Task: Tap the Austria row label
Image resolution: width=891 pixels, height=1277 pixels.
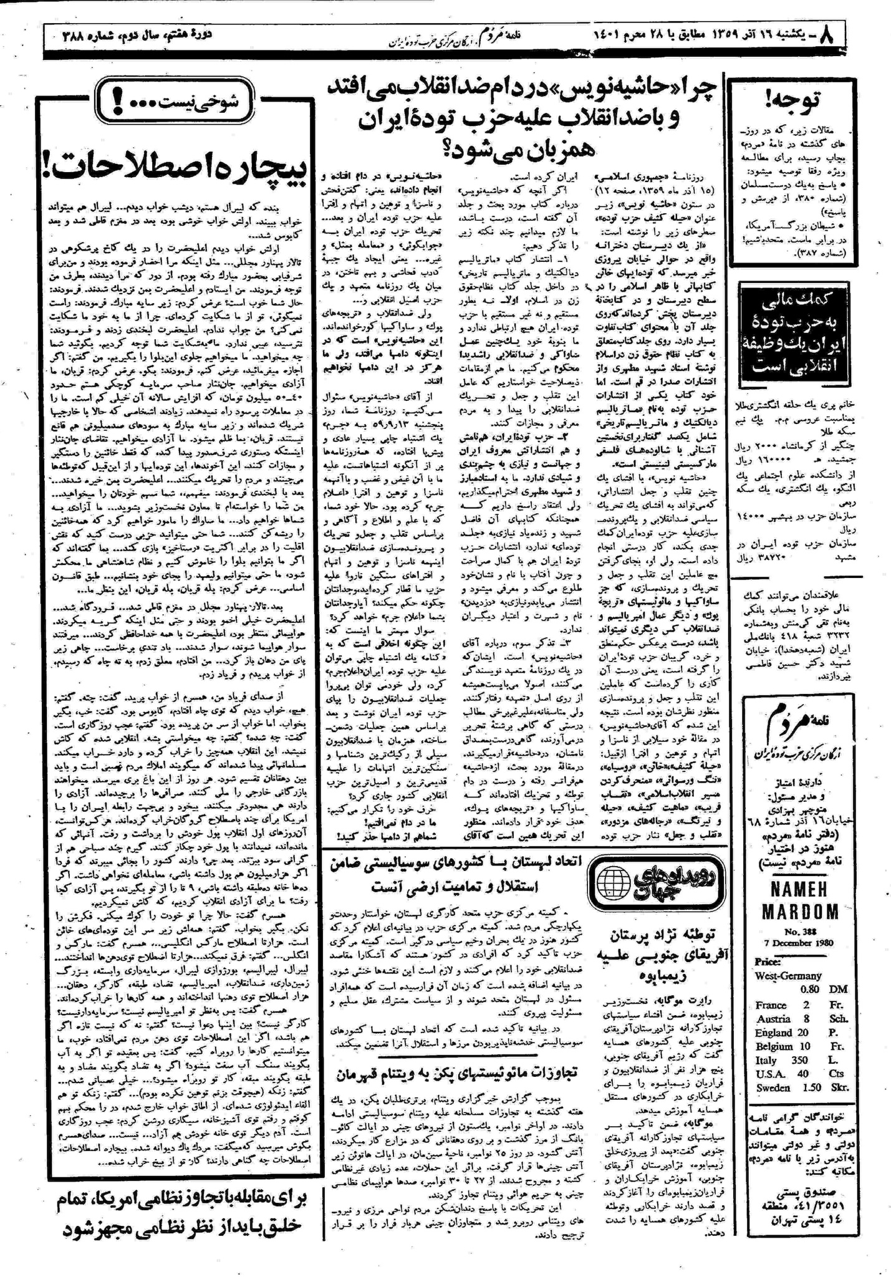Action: point(772,1019)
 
